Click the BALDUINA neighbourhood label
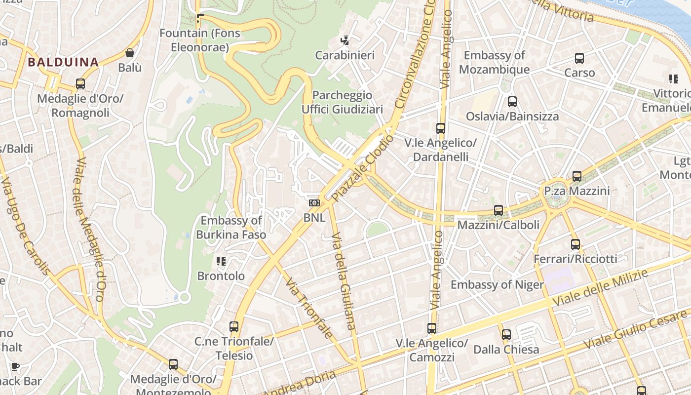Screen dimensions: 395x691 click(63, 62)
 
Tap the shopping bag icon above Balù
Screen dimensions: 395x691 click(130, 52)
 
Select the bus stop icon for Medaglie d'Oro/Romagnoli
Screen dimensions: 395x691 click(80, 84)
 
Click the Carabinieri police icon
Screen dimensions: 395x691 click(345, 40)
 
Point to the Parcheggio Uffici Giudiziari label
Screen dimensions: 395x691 click(342, 102)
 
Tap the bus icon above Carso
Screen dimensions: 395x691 click(579, 58)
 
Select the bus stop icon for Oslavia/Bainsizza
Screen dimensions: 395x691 click(512, 102)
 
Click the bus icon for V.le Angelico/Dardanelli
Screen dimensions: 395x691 click(441, 128)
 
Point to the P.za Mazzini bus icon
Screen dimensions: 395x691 click(577, 176)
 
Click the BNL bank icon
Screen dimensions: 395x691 click(314, 203)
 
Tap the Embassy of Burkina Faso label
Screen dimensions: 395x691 click(231, 228)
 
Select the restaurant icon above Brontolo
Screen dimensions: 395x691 click(221, 261)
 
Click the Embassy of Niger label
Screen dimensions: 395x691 click(497, 285)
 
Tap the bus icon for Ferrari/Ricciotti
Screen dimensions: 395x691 click(576, 244)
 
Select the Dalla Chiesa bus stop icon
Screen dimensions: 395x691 click(506, 335)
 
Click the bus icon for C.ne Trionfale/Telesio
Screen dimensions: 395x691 click(234, 326)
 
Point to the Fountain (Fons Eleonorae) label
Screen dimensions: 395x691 click(199, 40)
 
